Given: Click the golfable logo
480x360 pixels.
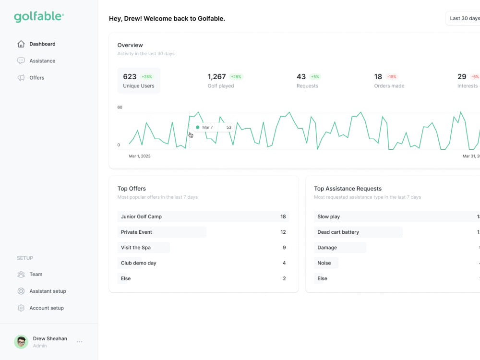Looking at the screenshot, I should coord(39,17).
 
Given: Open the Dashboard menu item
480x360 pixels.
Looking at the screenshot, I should coord(42,44).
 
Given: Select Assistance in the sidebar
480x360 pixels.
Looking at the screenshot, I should coord(42,61).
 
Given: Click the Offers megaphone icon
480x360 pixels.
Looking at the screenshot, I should coord(21,78).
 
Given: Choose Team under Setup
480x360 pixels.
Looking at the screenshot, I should coord(36,275).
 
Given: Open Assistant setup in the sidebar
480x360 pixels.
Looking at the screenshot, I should coord(48,291).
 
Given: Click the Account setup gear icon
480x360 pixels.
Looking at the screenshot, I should coord(21,308).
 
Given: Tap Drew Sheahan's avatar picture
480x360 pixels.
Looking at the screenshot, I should coord(21,342).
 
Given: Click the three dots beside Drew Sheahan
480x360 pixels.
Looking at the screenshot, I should coord(80,342).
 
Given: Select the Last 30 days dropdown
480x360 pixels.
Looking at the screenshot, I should coord(464,18).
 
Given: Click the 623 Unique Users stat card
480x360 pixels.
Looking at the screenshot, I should coord(139,81).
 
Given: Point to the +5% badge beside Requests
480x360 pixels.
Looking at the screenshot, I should coord(315,77).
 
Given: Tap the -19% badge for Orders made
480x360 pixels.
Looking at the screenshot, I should coord(392,77).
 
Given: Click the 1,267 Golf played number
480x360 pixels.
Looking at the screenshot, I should coord(216,77).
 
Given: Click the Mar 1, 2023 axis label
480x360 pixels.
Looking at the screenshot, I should coord(140,156).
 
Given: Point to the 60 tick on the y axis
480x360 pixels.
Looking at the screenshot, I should coord(120,107).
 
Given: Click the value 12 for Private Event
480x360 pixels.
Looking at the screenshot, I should coord(283,232).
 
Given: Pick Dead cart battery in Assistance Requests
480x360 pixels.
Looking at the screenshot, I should coord(338,232).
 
